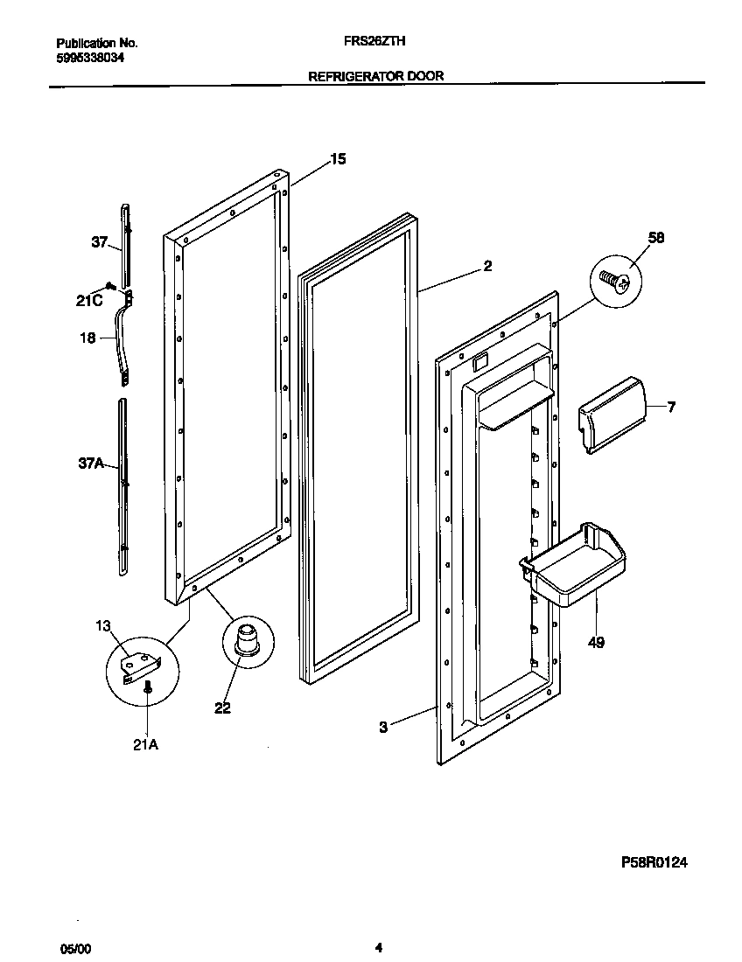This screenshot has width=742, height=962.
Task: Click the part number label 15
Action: point(338,159)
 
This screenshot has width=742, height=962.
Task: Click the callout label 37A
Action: point(92,464)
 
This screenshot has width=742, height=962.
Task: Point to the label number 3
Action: point(383,726)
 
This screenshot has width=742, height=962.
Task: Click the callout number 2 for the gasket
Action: point(487,266)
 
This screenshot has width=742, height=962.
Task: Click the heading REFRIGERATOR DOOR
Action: point(376,76)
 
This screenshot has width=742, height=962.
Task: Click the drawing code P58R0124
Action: point(654,862)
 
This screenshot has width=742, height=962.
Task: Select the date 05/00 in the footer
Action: point(72,948)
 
